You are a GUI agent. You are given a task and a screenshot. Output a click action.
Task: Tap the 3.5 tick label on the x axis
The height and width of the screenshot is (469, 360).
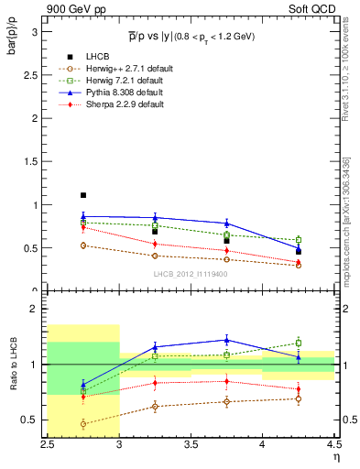[191, 444]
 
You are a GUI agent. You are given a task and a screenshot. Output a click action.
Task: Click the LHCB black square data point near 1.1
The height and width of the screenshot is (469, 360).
[82, 195]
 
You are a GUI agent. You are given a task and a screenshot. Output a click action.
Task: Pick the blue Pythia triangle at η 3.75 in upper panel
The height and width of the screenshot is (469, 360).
[226, 224]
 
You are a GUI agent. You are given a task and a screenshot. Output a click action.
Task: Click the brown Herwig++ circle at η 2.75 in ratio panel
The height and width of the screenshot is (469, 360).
[83, 424]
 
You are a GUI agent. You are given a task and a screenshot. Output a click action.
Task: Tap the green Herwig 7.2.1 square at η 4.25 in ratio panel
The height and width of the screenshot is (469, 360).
[298, 343]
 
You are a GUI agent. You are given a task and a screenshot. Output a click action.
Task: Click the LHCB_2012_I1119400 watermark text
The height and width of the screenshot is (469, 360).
[191, 274]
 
